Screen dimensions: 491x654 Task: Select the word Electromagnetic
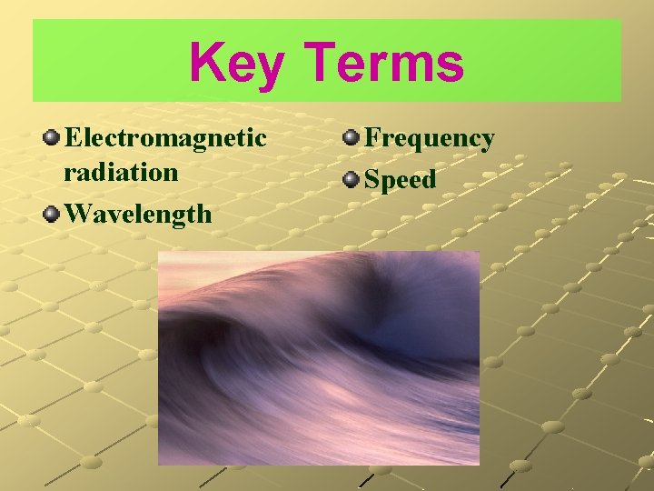166,139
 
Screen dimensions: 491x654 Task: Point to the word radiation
121,172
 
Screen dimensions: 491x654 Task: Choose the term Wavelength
139,214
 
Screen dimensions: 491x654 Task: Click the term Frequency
429,138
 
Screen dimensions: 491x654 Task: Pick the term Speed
400,180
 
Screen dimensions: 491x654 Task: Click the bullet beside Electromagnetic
54,138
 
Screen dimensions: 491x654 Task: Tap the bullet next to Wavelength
54,214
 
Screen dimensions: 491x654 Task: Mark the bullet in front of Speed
351,179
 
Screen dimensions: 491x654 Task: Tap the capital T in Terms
323,63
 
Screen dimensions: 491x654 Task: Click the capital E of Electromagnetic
75,139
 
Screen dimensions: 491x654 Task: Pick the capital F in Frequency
372,138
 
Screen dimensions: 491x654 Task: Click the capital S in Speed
372,180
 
